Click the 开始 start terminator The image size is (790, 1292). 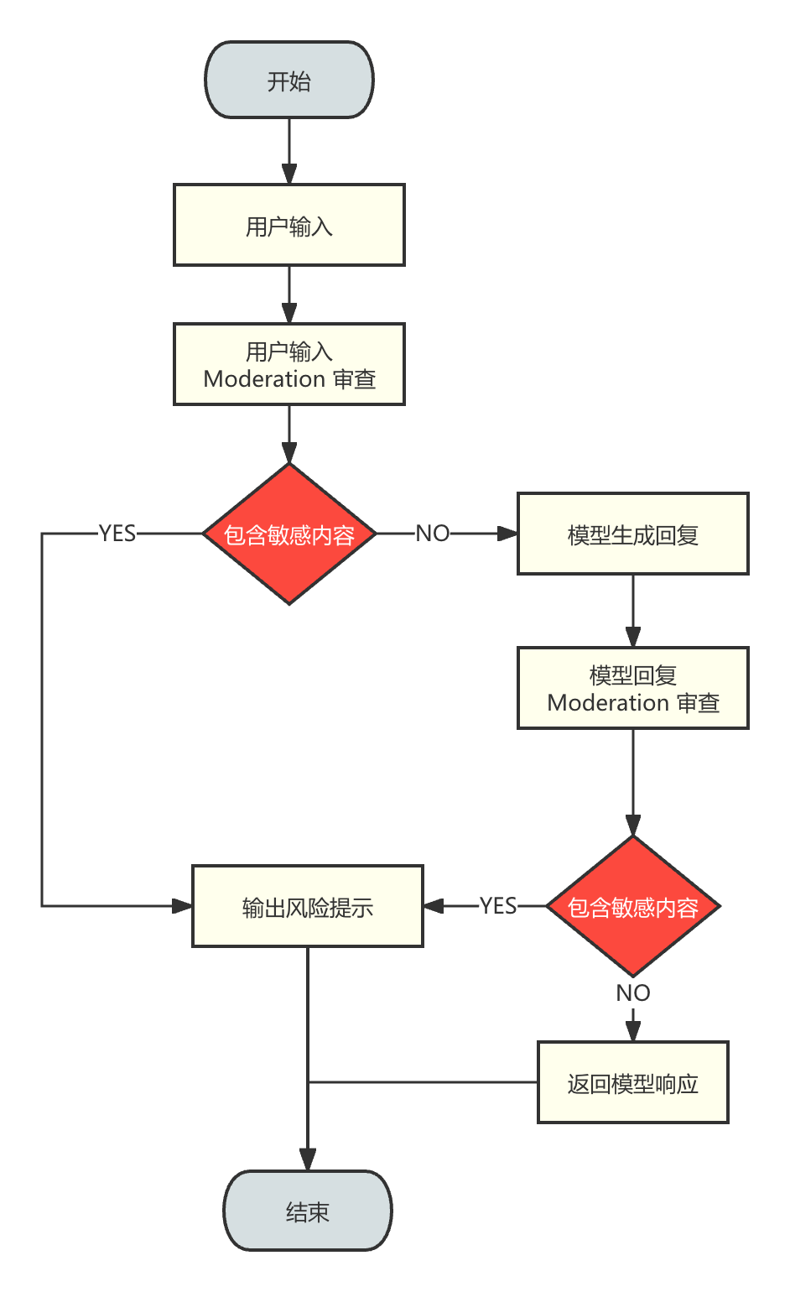[288, 81]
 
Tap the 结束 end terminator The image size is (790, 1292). [307, 1211]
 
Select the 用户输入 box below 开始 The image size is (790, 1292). [288, 226]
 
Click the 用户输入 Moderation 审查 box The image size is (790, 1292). [288, 365]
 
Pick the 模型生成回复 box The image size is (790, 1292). [632, 534]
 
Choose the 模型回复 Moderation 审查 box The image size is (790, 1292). [632, 688]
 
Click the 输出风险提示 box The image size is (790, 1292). [307, 907]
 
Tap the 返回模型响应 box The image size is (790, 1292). [632, 1083]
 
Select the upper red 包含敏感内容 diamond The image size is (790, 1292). [288, 534]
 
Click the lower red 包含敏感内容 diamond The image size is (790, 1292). [632, 907]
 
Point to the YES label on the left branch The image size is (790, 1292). [117, 534]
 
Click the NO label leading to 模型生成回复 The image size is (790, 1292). [433, 534]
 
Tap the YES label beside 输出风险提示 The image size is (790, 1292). [498, 906]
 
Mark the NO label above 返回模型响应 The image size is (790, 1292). [632, 993]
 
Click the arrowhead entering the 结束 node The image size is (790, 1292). [308, 1160]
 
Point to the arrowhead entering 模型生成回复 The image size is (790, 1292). [507, 534]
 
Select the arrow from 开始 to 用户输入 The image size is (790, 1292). [289, 151]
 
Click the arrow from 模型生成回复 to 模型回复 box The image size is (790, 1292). [633, 610]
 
